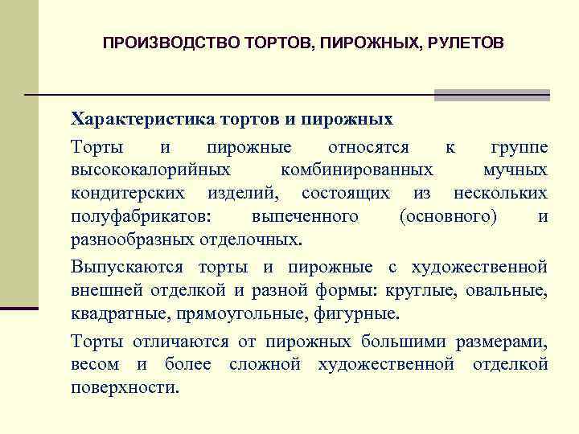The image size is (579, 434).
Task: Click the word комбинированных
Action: tap(357, 170)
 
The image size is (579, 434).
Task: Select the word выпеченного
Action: tap(305, 217)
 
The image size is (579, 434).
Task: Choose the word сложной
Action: tap(265, 364)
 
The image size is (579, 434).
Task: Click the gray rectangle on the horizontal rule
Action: tap(491, 95)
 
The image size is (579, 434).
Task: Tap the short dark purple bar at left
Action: tap(19, 308)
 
